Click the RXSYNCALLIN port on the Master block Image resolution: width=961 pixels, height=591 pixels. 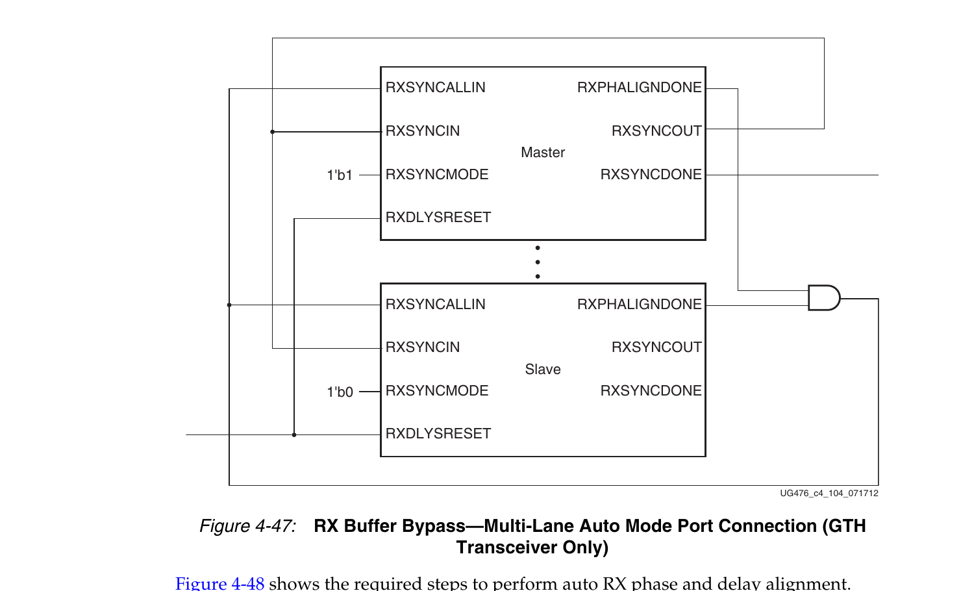436,88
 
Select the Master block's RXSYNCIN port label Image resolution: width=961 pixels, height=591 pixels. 423,131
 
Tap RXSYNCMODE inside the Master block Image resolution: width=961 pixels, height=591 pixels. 437,175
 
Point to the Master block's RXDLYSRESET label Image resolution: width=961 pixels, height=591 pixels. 438,218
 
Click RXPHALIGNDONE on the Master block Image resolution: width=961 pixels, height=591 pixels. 639,88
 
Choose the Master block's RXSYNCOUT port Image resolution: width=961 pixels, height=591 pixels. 656,131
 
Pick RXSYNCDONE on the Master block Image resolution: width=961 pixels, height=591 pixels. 651,175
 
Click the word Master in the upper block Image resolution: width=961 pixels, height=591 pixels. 543,153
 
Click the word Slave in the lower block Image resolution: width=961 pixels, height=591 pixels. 543,369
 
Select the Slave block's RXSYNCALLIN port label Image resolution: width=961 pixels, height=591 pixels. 436,305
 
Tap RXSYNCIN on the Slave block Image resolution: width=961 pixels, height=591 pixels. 423,347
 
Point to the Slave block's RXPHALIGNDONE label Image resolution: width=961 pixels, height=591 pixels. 639,305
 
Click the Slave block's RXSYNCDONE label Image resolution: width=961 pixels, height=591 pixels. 651,391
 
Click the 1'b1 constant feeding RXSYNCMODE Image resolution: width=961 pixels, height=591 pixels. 340,175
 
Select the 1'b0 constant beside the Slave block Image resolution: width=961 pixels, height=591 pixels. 340,392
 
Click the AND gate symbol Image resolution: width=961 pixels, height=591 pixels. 824,298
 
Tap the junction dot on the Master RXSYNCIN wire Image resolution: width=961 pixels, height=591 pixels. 273,132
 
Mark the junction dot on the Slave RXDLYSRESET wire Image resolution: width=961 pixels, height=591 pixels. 294,434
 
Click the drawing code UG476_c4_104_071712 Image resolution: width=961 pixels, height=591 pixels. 829,493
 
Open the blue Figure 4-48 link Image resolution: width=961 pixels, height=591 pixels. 219,584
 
